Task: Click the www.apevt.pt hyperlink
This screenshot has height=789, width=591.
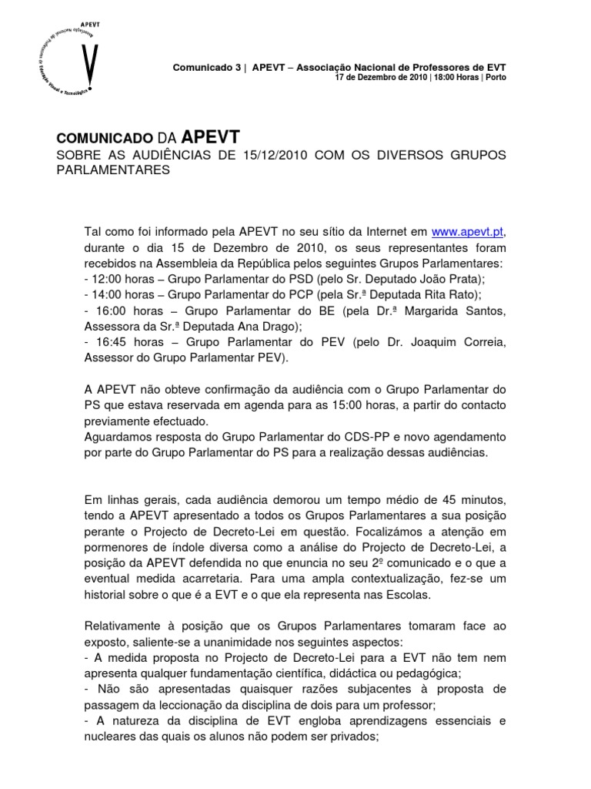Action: (469, 230)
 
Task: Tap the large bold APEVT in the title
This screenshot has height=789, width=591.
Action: (211, 137)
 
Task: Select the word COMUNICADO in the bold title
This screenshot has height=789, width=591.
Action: (105, 139)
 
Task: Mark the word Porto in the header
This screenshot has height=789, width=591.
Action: (496, 78)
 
